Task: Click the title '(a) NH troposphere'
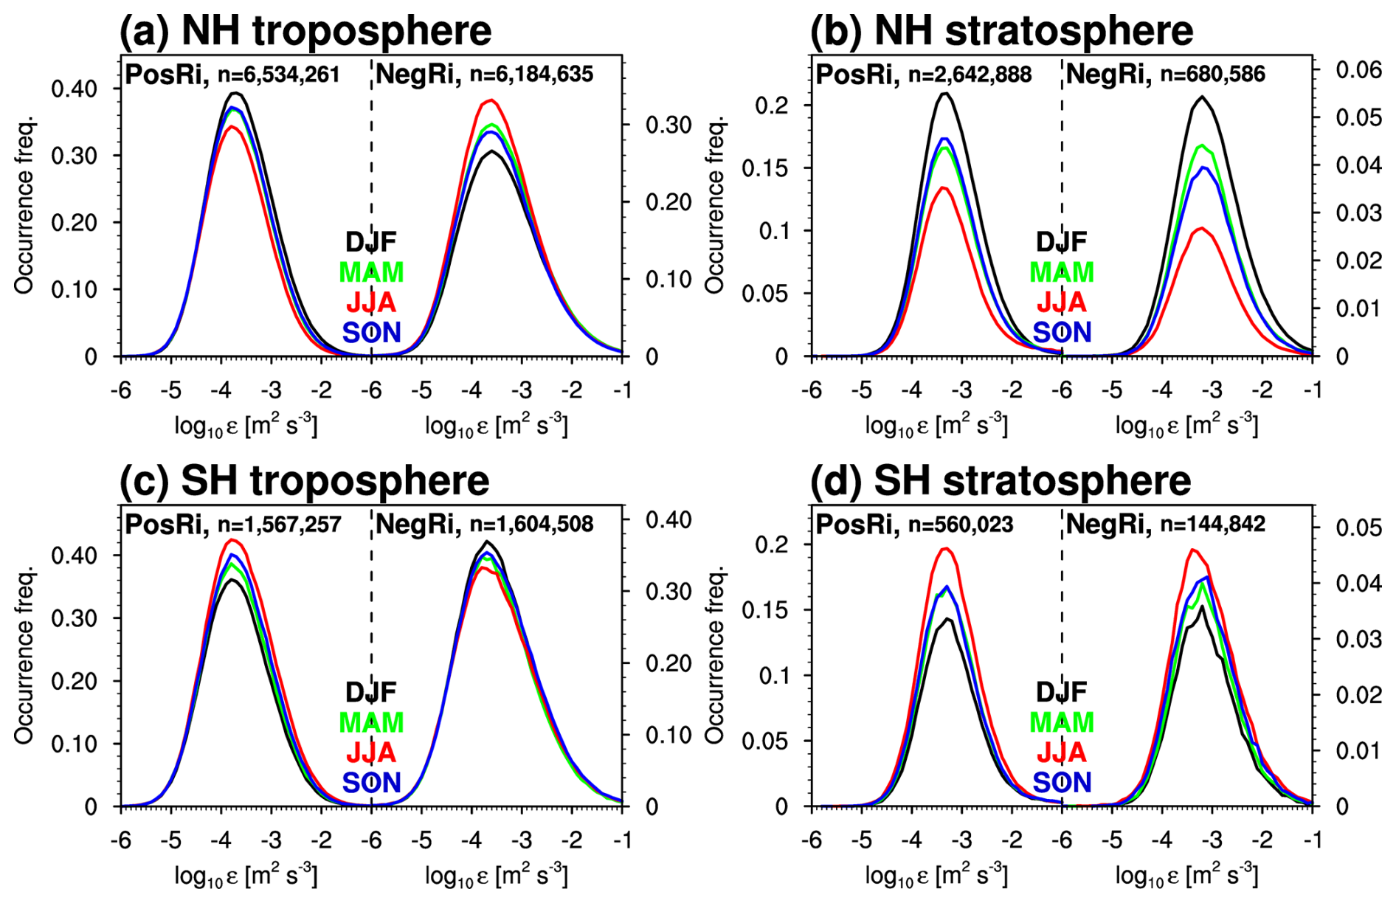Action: (305, 31)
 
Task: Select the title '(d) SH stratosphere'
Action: (1000, 481)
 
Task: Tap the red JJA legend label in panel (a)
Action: (371, 302)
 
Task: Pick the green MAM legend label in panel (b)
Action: (1062, 272)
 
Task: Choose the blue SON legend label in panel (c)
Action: (371, 782)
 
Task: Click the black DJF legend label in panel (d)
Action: (1062, 692)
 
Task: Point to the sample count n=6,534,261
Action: (278, 75)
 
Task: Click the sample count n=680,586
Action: (1212, 75)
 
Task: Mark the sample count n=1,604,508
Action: (531, 525)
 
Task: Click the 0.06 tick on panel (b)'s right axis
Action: (1358, 70)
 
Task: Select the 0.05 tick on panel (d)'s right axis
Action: (1358, 527)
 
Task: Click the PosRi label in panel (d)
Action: (857, 525)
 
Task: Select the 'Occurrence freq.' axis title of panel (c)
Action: (24, 654)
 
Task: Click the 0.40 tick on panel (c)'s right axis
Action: (668, 520)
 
